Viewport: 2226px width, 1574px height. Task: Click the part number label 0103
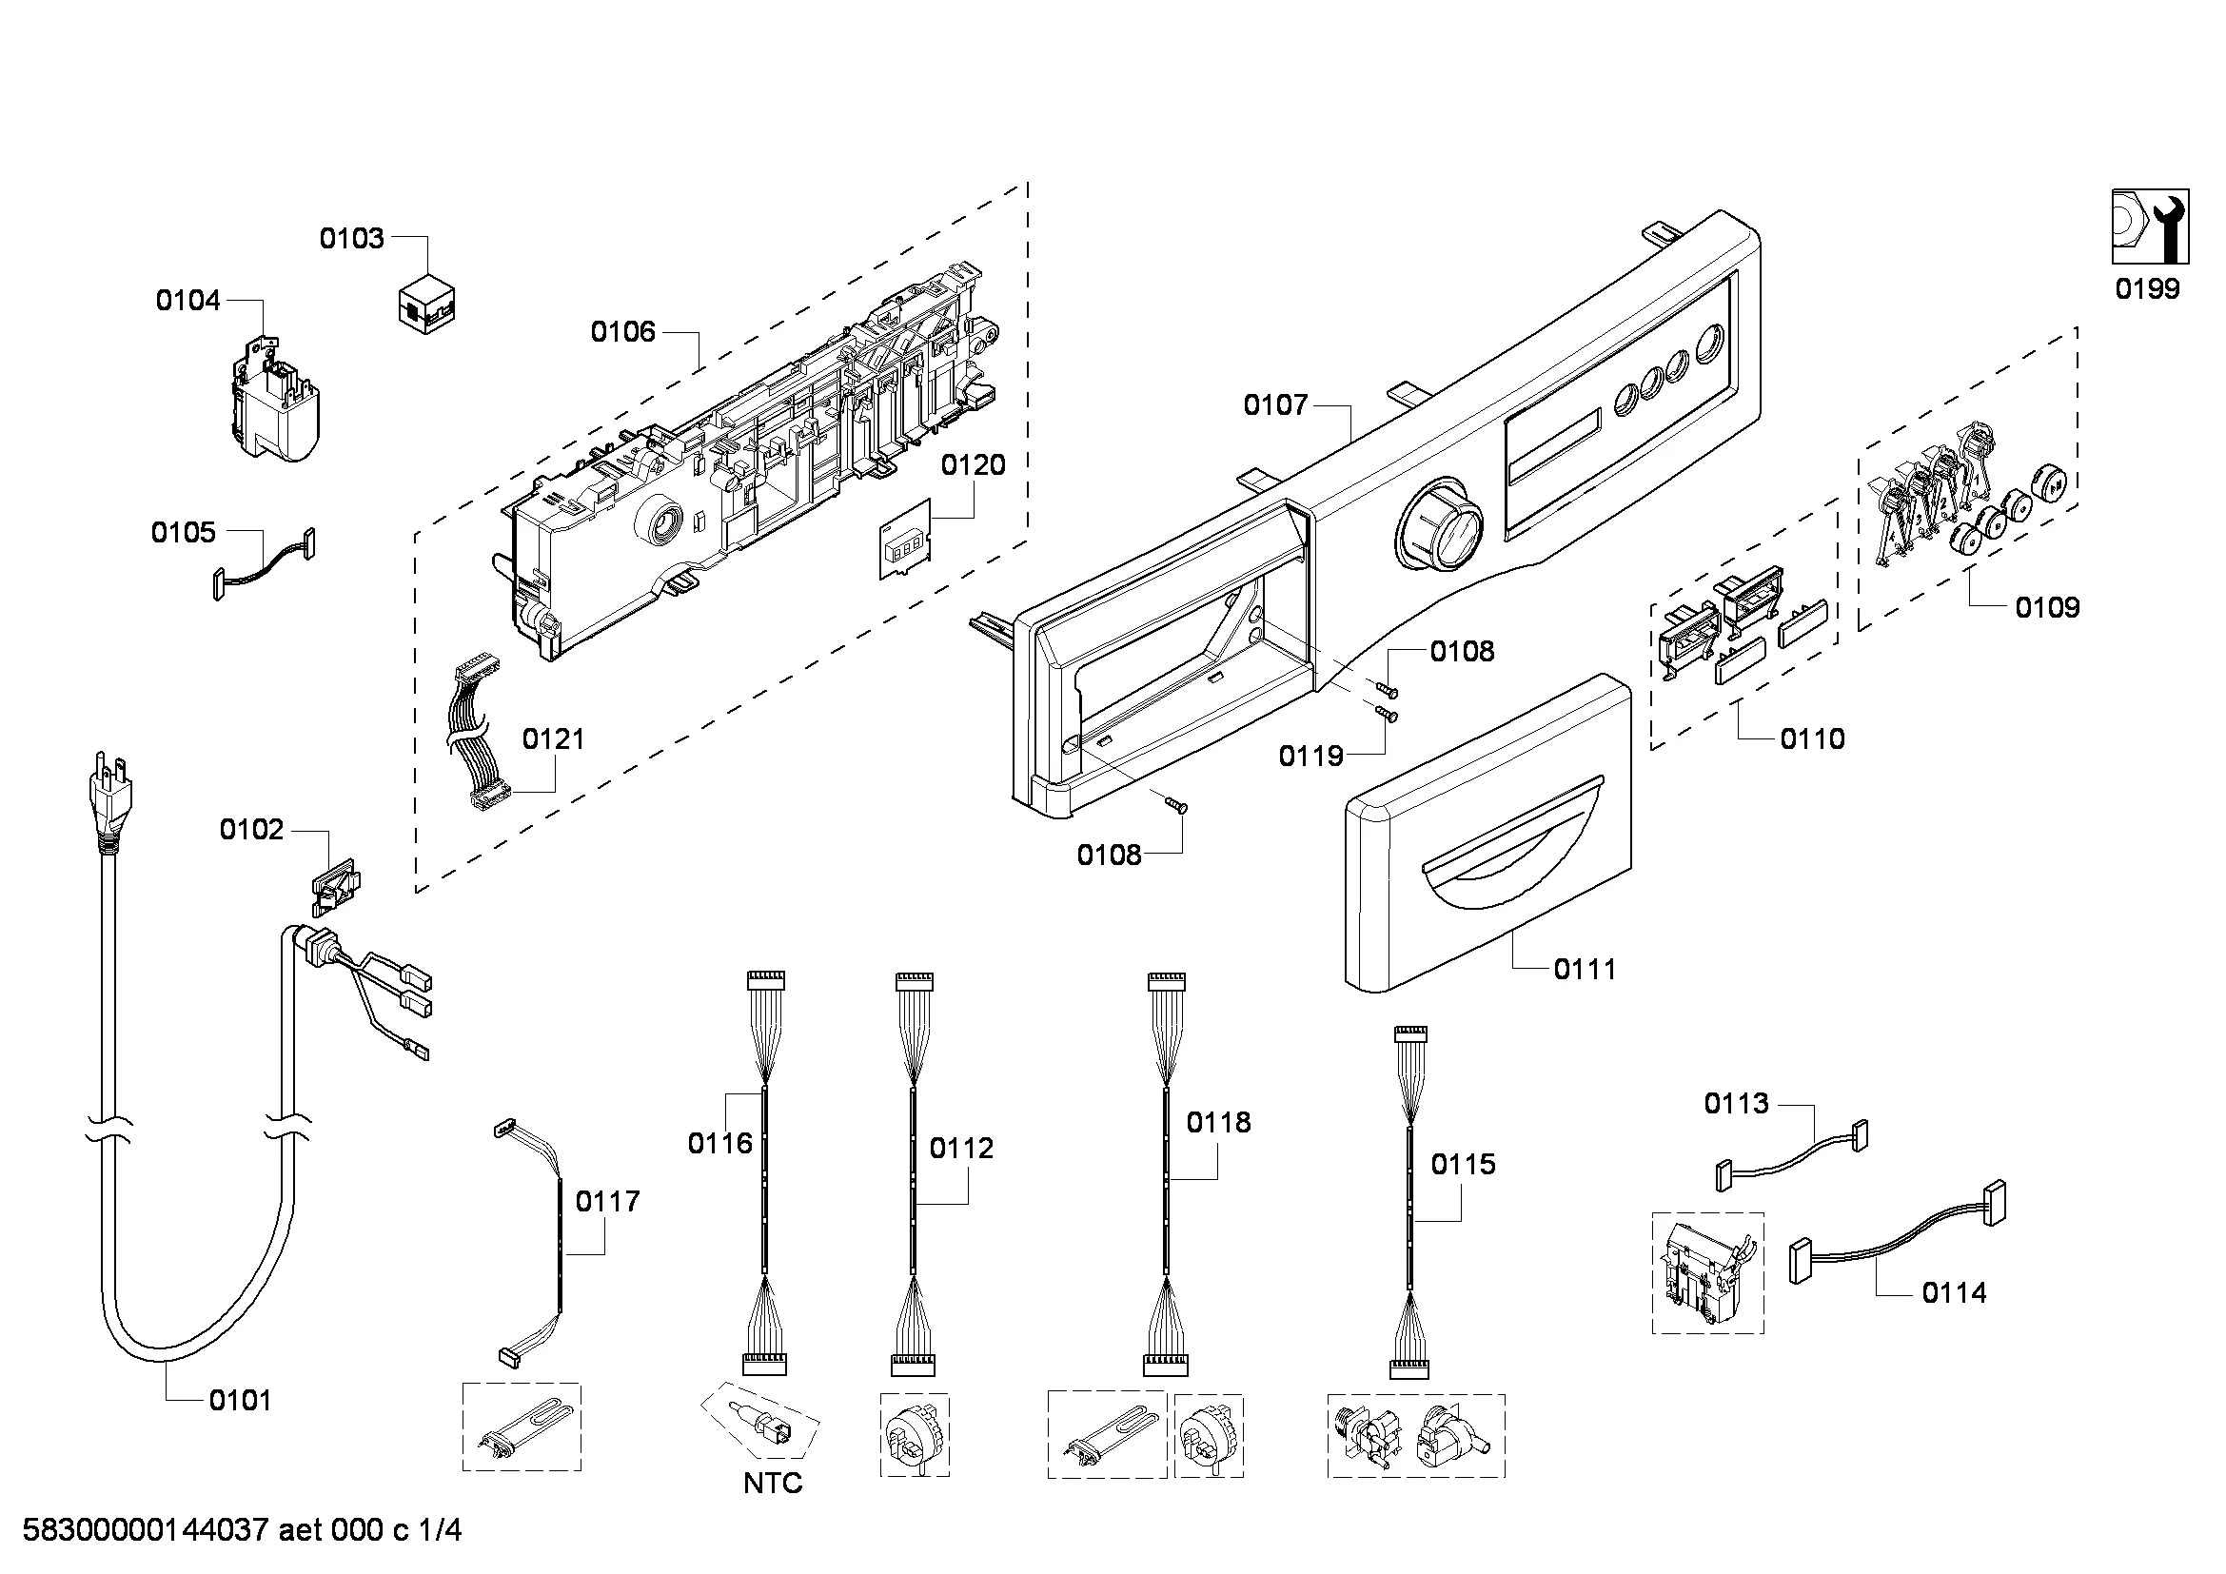coord(352,239)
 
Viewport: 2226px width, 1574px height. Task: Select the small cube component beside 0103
coord(426,305)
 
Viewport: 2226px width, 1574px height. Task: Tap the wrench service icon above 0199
coord(2150,226)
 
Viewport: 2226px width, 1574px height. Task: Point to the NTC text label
coord(773,1483)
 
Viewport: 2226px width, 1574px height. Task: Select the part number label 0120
coord(973,465)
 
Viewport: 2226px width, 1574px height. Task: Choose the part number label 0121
coord(554,739)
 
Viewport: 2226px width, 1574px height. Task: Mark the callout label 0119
coord(1310,756)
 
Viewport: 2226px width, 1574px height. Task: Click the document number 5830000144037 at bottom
coord(146,1531)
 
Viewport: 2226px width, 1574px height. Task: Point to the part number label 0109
coord(2047,608)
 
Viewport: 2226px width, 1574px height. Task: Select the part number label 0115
coord(1463,1164)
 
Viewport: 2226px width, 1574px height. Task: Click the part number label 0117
coord(608,1202)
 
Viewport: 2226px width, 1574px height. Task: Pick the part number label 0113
coord(1737,1103)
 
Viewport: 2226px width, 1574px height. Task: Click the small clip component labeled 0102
coord(335,885)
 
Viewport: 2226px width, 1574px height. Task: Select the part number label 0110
coord(1812,739)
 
